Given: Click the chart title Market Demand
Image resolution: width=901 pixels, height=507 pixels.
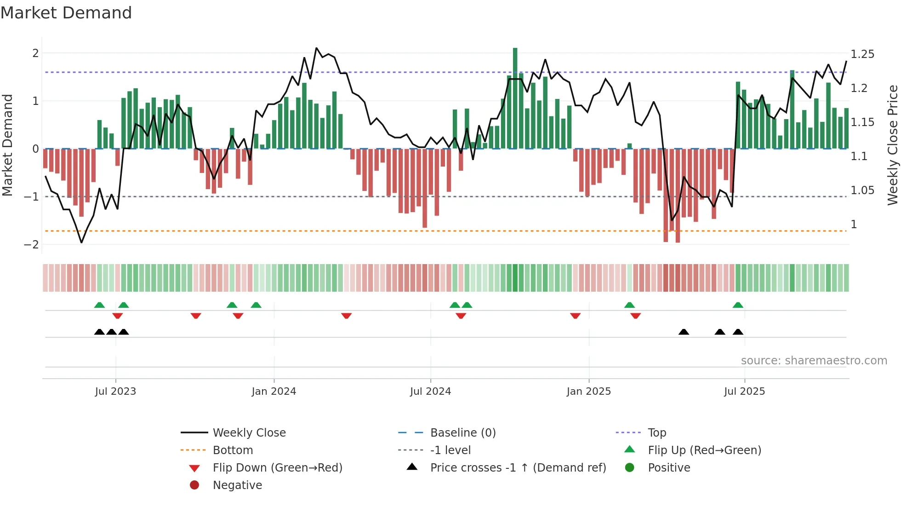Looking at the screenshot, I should click(66, 13).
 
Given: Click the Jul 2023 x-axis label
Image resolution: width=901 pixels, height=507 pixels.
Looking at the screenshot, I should click(115, 392).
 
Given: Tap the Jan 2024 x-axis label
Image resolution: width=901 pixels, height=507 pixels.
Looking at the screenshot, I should click(274, 392).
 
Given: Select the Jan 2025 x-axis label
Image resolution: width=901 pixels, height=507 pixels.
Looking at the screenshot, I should click(589, 392).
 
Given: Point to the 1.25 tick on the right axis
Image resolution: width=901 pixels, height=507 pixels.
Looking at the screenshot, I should click(862, 54).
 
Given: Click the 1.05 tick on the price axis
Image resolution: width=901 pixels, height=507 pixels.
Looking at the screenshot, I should click(862, 190).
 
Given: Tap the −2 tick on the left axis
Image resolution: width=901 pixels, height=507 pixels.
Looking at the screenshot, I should click(31, 245).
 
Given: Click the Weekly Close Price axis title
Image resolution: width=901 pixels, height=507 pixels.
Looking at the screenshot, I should click(892, 145).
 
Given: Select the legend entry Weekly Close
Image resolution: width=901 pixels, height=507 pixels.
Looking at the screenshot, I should click(249, 433).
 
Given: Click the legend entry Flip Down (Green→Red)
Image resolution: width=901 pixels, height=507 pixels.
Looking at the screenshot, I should click(277, 468).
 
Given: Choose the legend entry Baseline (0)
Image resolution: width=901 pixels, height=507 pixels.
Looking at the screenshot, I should click(462, 433).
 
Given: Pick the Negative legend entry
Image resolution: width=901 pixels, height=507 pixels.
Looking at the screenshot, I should click(237, 485).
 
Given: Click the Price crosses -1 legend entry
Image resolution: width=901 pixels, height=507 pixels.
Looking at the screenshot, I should click(518, 468).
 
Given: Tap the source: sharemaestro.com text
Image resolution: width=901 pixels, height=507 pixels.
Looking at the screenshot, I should click(814, 361).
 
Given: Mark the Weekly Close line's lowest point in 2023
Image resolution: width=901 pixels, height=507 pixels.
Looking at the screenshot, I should click(81, 242).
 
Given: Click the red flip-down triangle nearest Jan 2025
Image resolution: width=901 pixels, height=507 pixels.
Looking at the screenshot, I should click(575, 316).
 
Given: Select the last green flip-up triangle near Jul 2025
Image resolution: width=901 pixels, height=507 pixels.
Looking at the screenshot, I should click(738, 305).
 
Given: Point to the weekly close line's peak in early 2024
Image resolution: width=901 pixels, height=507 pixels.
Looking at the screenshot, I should click(316, 48).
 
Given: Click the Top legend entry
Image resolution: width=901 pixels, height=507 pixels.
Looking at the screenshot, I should click(656, 433).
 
